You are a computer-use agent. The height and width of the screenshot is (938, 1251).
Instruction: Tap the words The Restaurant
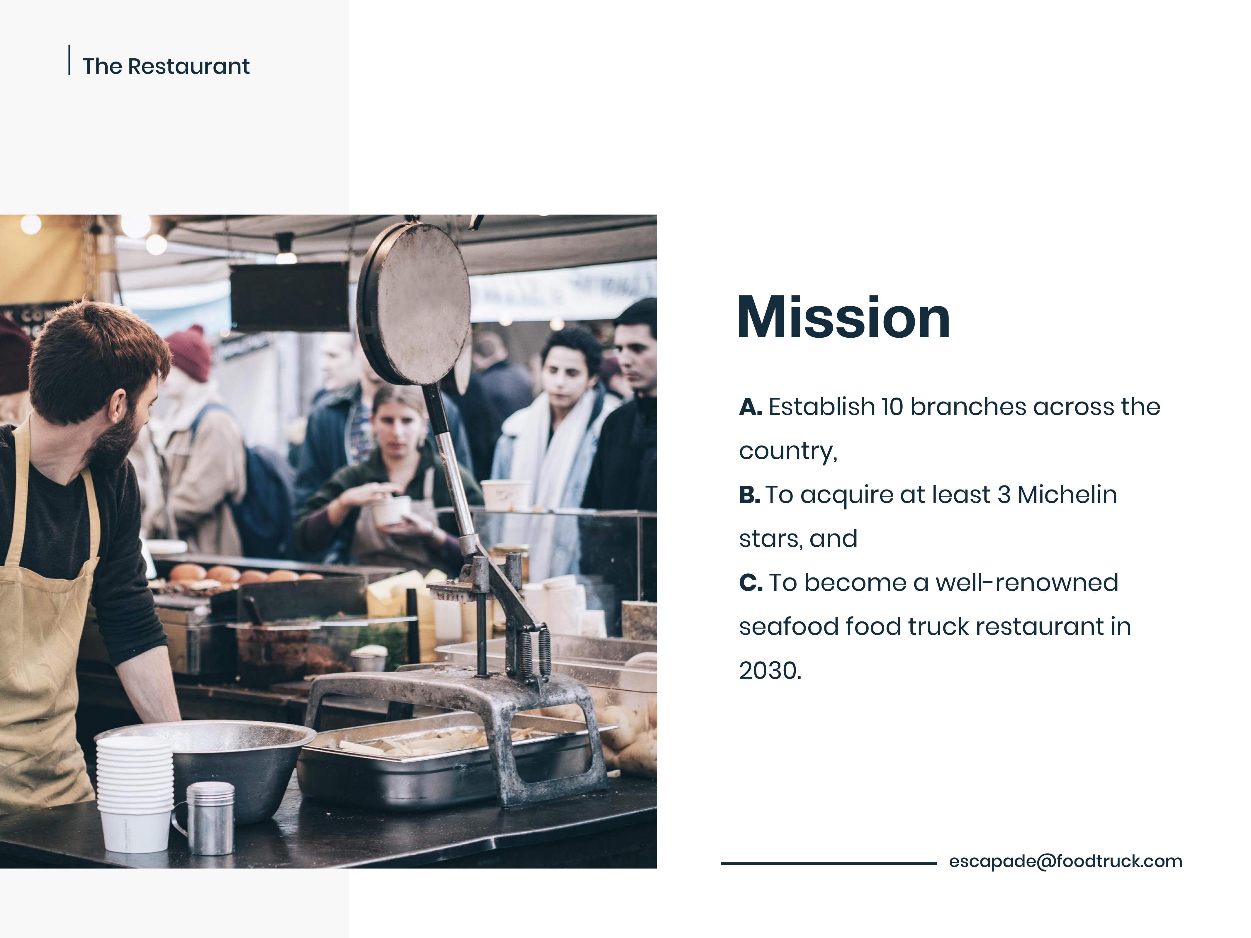(166, 66)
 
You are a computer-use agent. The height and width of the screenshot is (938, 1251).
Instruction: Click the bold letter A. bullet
(751, 407)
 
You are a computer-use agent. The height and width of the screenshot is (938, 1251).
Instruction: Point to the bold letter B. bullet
(749, 495)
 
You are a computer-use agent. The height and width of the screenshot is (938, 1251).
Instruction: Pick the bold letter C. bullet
(751, 583)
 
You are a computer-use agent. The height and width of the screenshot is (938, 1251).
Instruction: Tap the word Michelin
(1067, 495)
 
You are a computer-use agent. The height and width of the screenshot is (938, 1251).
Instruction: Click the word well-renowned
(1026, 583)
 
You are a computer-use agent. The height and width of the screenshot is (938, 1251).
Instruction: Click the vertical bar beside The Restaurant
(69, 60)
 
